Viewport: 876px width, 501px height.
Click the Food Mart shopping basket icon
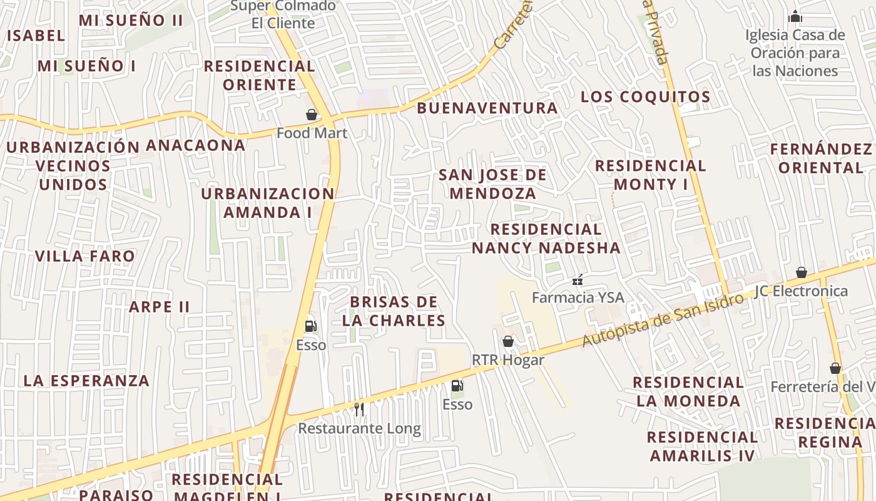click(311, 115)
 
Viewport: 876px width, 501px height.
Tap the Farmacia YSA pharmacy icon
click(578, 279)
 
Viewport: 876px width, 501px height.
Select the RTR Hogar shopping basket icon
click(508, 341)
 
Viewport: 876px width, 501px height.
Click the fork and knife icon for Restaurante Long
click(359, 409)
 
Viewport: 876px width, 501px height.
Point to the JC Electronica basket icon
click(801, 272)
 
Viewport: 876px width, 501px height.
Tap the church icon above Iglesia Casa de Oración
click(795, 16)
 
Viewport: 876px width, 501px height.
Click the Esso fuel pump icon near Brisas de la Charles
click(310, 326)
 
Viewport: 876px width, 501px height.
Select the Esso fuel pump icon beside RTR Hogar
click(457, 386)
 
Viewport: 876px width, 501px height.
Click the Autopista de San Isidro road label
click(663, 319)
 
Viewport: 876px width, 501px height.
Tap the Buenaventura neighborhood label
click(487, 108)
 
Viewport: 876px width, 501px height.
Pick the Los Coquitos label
click(646, 96)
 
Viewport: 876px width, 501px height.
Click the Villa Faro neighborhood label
click(84, 256)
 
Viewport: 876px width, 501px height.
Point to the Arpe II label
click(159, 307)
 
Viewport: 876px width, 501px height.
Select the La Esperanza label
click(86, 381)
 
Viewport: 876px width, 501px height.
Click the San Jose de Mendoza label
click(493, 184)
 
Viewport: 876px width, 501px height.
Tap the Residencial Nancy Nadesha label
click(546, 239)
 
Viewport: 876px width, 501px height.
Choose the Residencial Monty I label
click(651, 175)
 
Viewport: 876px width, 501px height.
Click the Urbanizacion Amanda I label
click(268, 203)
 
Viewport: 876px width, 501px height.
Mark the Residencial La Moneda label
click(688, 391)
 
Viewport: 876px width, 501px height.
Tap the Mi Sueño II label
click(131, 20)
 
